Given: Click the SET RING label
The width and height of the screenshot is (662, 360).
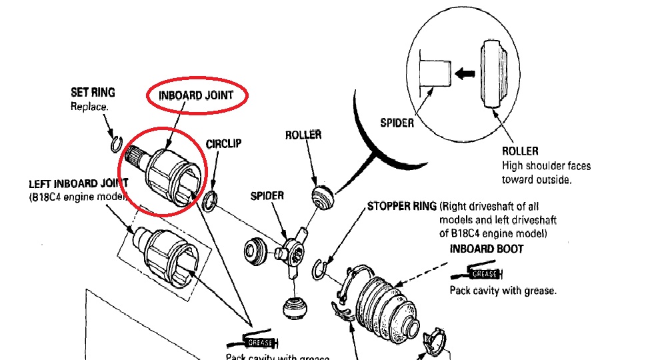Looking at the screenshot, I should click(x=93, y=92).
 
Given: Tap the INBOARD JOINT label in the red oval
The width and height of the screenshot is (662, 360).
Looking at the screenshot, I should click(x=196, y=95).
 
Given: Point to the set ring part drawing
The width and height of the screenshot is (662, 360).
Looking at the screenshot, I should click(x=115, y=143).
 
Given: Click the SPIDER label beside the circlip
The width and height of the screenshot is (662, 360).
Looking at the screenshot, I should click(x=267, y=196).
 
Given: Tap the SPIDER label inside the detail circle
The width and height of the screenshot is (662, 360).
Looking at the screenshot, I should click(x=397, y=123).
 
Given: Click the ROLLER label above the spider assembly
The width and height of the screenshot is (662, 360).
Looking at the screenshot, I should click(x=303, y=135).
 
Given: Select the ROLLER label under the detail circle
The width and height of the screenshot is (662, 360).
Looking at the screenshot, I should click(x=520, y=151).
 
